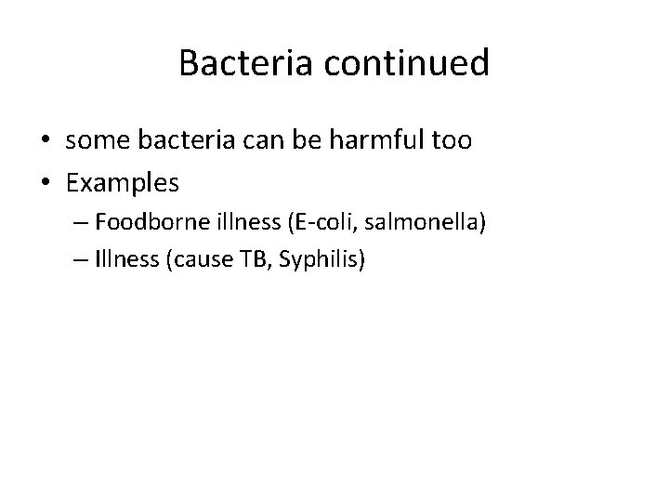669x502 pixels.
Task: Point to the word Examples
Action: (x=123, y=183)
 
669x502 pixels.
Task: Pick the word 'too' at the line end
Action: (x=453, y=141)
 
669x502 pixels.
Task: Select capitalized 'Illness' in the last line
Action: (x=125, y=260)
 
